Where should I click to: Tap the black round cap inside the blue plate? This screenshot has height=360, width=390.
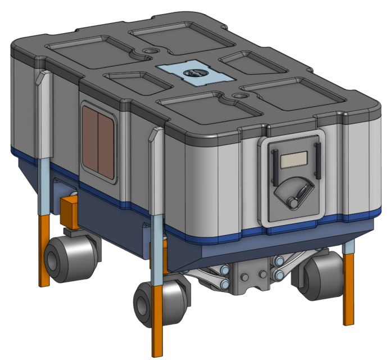pos(193,73)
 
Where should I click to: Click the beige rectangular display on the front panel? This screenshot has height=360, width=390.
pos(293,161)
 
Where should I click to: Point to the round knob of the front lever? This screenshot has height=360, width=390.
pos(292,201)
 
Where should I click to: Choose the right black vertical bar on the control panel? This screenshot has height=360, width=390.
pos(317,160)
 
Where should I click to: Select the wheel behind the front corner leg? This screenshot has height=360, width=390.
pos(160,304)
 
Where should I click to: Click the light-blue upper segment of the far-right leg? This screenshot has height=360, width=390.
pos(349,247)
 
